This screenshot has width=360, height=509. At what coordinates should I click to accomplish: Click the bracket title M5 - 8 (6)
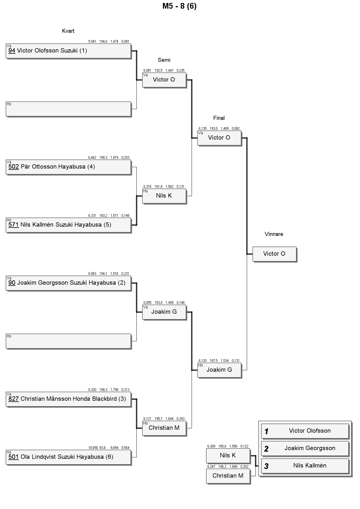coord(179,6)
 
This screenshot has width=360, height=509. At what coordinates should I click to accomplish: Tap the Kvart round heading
coord(68,31)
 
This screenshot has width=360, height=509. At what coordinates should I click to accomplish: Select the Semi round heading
coord(164,60)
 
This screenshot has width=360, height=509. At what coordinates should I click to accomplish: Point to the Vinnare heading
coord(274,234)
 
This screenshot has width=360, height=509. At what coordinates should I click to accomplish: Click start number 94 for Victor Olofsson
coord(12,50)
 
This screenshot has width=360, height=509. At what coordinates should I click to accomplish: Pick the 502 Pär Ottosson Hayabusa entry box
coord(69,167)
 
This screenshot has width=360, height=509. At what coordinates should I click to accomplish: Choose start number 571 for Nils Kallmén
coord(14,225)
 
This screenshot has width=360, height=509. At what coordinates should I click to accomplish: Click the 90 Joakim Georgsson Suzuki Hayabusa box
coord(69,283)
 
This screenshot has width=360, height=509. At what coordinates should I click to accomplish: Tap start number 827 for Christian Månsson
coord(14,399)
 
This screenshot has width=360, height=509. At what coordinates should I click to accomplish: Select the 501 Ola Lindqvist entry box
coord(69,457)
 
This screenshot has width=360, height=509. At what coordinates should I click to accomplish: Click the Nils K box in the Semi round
coord(164,196)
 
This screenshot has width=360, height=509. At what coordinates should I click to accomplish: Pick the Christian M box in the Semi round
coord(164,428)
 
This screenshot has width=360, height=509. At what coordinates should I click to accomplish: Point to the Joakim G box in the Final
coord(219,370)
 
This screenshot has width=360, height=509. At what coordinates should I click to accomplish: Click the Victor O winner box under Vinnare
coord(275,254)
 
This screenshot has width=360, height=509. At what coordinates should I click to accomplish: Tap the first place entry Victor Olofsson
coord(305,431)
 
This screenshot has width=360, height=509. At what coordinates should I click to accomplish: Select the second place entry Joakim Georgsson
coord(305,449)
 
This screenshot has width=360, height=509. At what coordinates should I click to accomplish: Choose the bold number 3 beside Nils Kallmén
coord(266,466)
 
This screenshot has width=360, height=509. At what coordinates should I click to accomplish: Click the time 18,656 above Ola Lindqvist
coord(93,448)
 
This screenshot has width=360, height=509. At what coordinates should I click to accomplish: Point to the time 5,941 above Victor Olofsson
coord(92,41)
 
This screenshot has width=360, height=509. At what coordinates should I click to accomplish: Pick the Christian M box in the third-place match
coord(228,476)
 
